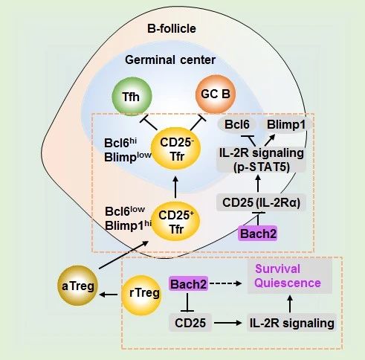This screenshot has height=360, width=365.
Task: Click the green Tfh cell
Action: tap(132, 97)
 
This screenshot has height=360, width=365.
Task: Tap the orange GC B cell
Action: tap(215, 94)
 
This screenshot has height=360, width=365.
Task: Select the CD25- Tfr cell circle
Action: tap(175, 149)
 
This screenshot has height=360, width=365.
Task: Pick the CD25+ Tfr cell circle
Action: tap(175, 222)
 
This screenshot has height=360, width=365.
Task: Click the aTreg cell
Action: tap(77, 286)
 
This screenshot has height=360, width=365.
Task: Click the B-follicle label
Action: tap(172, 28)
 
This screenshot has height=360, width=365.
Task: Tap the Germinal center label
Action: tap(170, 60)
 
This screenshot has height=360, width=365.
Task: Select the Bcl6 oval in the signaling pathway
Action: tap(236, 124)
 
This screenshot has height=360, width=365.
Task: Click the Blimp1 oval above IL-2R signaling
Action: tap(285, 125)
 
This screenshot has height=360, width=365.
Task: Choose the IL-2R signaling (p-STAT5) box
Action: tap(261, 159)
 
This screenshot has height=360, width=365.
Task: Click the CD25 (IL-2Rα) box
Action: tap(261, 202)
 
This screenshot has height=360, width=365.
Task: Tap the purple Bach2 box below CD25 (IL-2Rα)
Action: tap(258, 234)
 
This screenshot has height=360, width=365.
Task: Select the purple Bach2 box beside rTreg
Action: tap(188, 283)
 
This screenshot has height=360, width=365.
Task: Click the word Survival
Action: tap(277, 269)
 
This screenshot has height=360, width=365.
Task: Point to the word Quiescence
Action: tap(288, 283)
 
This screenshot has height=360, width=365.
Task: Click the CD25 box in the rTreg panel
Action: tap(190, 323)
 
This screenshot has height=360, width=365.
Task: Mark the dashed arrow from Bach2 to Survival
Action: tap(225, 283)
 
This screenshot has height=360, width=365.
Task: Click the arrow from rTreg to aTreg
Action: tap(109, 295)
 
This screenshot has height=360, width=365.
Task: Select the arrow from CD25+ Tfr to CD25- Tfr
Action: tap(175, 187)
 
